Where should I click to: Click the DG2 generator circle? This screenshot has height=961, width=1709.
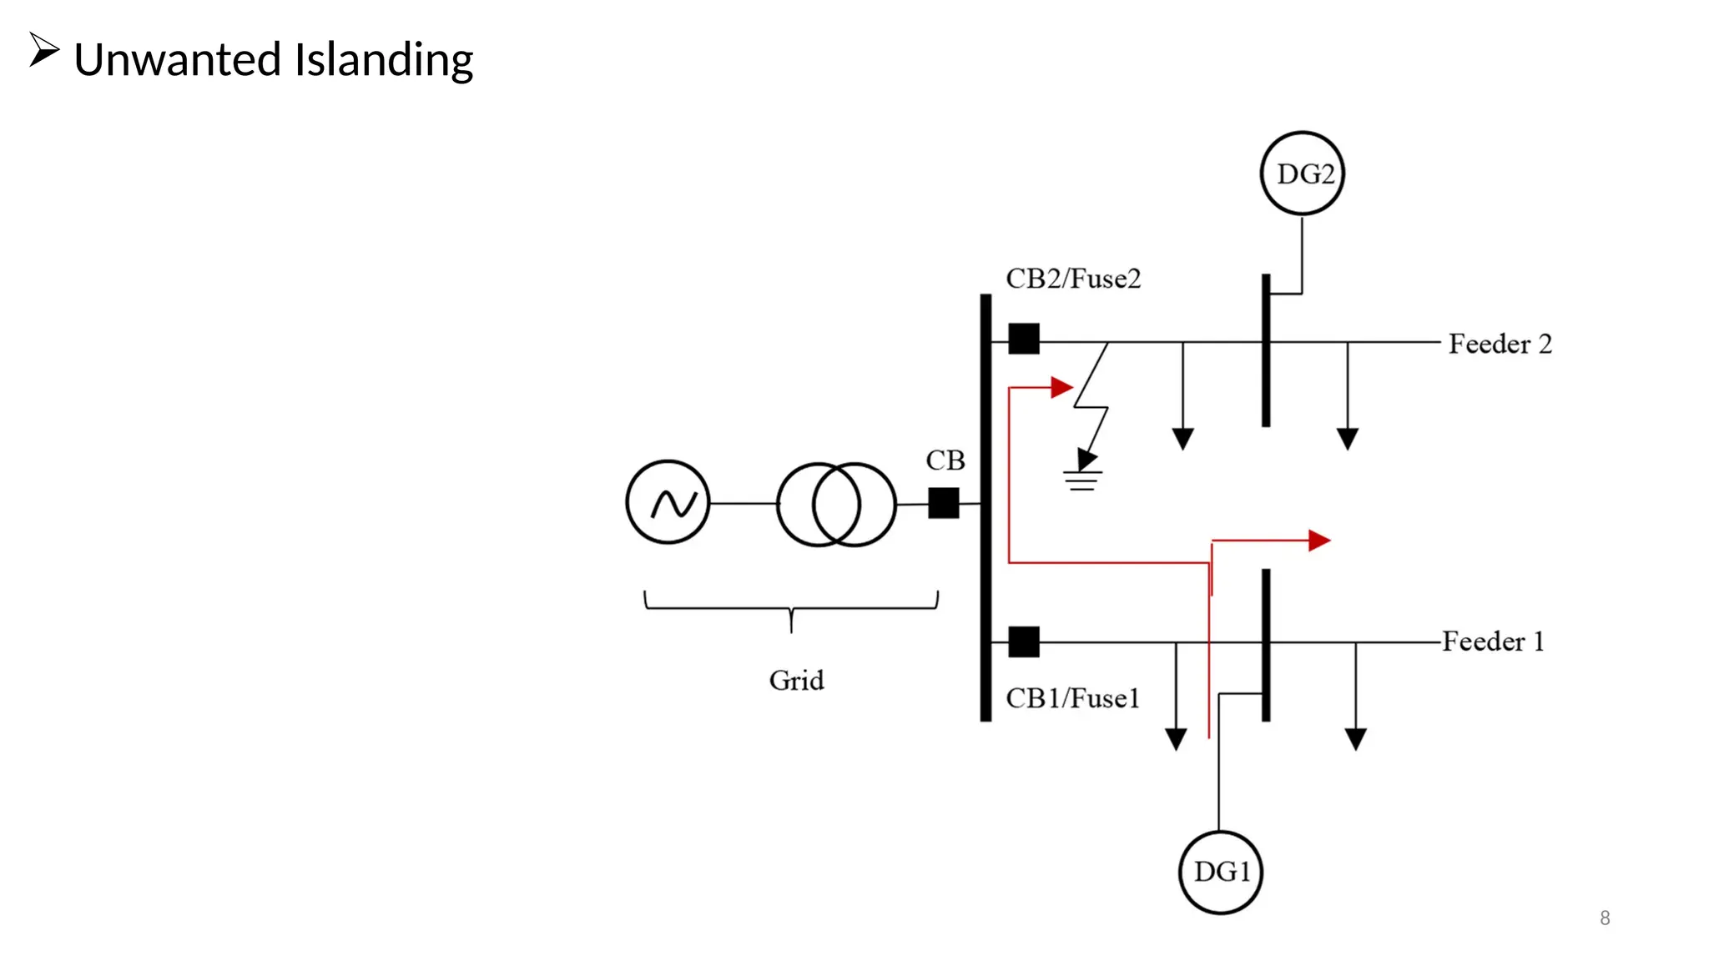point(1302,174)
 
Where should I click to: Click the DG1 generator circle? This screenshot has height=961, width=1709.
point(1221,873)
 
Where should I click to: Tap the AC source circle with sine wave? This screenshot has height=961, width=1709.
point(668,503)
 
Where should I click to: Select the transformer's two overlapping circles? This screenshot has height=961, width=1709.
point(836,505)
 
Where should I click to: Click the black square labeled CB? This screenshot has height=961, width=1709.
point(943,503)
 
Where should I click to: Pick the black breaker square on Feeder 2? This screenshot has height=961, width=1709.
point(1024,339)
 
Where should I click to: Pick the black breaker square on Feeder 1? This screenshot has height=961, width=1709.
point(1024,642)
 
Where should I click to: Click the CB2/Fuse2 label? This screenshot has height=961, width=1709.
point(1072,279)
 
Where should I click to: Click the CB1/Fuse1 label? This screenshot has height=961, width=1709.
point(1072,698)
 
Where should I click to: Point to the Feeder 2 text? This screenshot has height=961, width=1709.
point(1500,344)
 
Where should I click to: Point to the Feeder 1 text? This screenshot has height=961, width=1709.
point(1493,642)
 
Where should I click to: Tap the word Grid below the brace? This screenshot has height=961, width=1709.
point(796,681)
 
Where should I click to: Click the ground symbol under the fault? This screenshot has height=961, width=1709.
point(1082,480)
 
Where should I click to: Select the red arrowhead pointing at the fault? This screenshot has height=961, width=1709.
point(1061,387)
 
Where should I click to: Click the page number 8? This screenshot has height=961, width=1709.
point(1604,918)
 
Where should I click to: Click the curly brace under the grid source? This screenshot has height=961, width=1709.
point(791,609)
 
